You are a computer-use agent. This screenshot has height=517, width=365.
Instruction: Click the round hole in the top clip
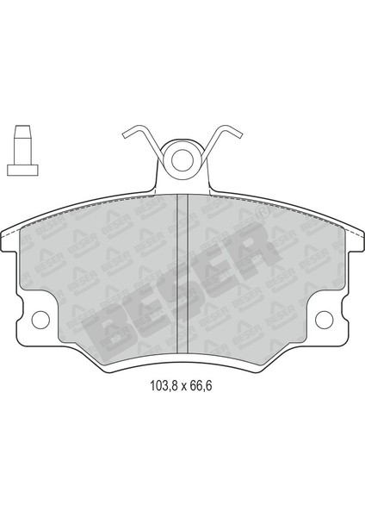tap(182, 159)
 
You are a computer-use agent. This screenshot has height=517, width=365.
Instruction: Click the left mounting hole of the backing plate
tap(39, 321)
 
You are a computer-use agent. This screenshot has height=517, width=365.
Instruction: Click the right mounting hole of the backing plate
tap(325, 321)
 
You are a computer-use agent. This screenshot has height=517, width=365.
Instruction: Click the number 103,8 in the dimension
tap(157, 385)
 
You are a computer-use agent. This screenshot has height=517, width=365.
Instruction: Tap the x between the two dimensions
tap(179, 386)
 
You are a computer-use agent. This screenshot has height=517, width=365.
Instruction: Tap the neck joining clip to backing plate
tap(182, 183)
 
